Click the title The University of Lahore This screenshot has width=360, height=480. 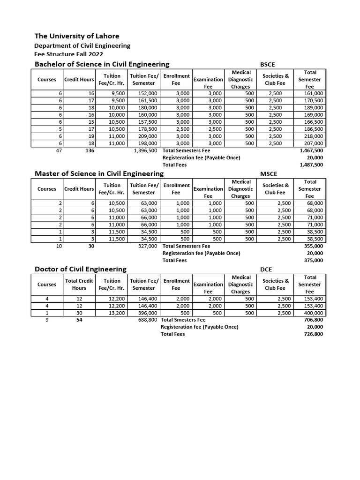(77, 36)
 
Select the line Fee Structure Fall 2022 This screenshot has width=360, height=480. (68, 54)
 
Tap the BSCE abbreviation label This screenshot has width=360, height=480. (268, 64)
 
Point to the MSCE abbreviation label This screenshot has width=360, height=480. (269, 174)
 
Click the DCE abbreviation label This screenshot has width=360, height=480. (266, 269)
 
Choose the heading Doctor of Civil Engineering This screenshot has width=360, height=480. (81, 269)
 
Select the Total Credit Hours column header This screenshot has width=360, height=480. (79, 285)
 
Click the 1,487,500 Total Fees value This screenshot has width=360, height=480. (311, 165)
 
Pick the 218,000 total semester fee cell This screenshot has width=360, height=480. (313, 136)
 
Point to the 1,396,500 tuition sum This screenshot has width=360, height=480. (145, 151)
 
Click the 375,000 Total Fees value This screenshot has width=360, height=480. (313, 260)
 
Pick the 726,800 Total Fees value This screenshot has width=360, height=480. (313, 334)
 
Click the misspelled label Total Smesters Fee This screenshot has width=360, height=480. (183, 320)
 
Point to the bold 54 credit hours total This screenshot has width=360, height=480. (79, 320)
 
